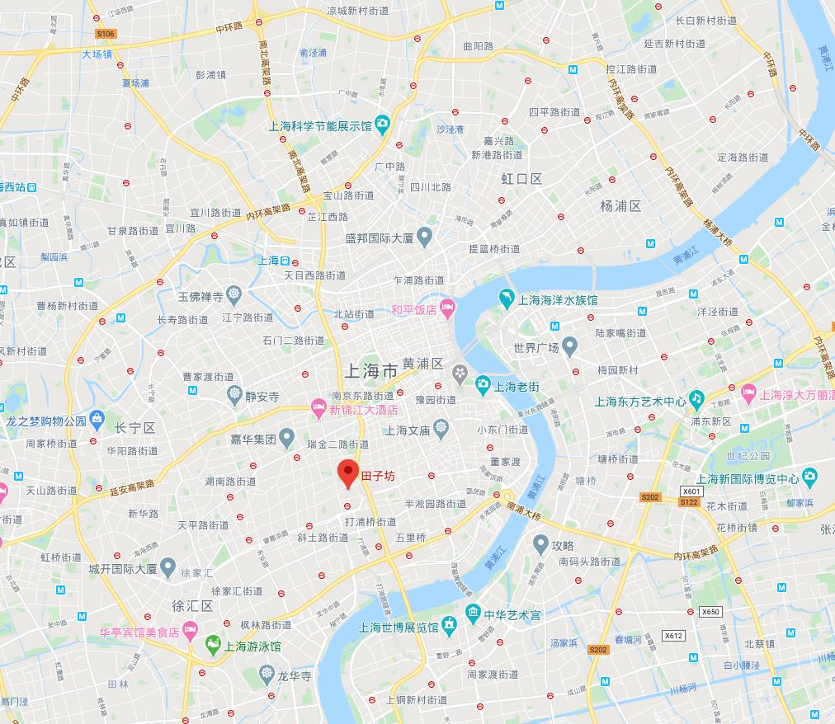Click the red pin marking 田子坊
(348, 474)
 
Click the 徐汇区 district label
(192, 606)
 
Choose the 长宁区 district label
(135, 428)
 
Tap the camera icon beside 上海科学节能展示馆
(382, 125)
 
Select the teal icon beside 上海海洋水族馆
(505, 296)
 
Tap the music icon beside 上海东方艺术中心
(697, 400)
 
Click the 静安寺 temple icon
(235, 394)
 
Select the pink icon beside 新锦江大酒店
(318, 407)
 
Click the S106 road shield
(105, 34)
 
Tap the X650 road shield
(710, 611)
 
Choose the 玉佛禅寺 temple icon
(234, 294)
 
